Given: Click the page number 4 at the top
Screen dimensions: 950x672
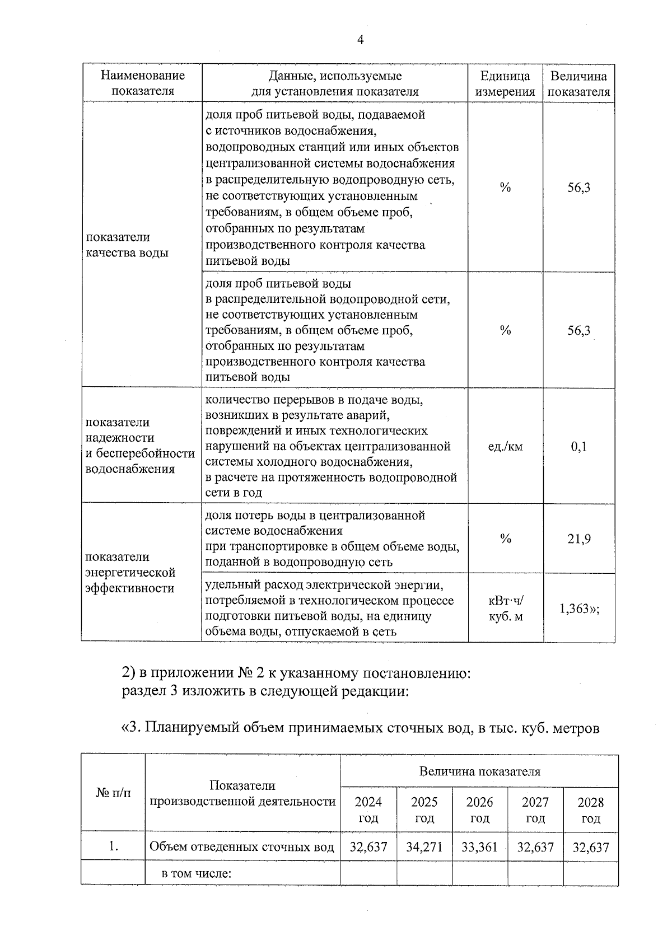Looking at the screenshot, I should pos(360,40).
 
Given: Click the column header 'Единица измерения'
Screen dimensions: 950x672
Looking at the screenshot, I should pos(505,83).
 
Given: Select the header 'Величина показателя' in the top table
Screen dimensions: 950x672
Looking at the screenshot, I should pos(578,83).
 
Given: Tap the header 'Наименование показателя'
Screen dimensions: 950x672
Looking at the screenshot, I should pos(142,83).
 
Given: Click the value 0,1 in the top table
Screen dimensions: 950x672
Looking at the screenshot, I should pos(578,446).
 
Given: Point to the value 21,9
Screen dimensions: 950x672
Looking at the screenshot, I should pos(578,539).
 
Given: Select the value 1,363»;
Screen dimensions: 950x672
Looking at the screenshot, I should pos(580,609).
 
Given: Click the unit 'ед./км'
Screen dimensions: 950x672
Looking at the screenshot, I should pos(505,446).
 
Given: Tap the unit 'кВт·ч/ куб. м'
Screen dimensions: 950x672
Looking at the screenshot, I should pos(505,609).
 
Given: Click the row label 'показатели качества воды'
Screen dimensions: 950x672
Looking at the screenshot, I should pos(127,245).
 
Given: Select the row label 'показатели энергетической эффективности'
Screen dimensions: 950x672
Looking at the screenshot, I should pos(130,572).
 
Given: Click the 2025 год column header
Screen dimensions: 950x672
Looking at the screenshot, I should pos(424,809).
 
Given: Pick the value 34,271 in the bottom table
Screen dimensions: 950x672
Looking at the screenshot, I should pos(424,847).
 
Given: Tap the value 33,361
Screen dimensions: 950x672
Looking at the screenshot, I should pos(479,847).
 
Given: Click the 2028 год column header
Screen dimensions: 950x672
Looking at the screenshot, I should pos(591,809).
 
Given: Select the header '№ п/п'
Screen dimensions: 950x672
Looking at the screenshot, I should pos(113,793).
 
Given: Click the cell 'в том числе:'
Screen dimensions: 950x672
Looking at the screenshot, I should pos(197,873).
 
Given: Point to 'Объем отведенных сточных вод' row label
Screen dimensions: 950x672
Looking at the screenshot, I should pos(242,847).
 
